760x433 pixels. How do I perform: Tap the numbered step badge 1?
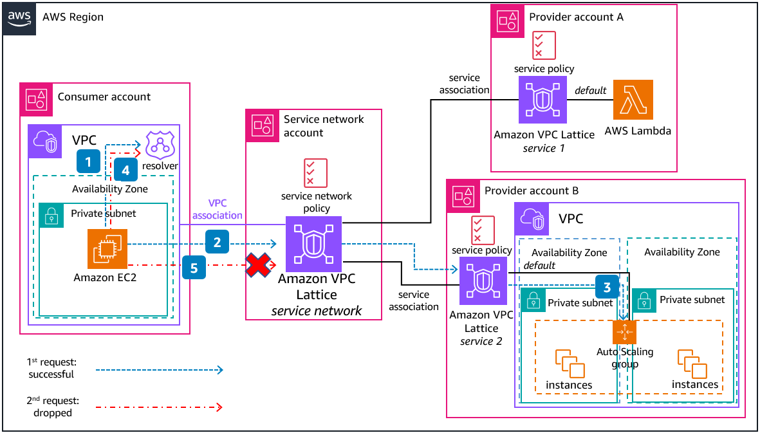89,160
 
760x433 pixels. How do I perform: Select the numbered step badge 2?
218,243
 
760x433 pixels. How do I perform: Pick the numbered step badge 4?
126,170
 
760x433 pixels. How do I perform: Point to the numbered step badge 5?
194,267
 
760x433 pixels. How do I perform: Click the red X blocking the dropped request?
259,265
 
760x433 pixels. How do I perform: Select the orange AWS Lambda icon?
633,100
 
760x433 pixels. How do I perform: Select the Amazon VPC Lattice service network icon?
313,244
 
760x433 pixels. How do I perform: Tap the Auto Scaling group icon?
624,332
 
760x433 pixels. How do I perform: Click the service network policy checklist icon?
315,173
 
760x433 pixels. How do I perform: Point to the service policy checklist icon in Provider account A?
544,45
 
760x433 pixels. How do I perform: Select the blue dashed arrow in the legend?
159,370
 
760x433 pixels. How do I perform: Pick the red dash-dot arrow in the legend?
159,407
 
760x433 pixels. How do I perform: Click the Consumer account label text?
104,97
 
